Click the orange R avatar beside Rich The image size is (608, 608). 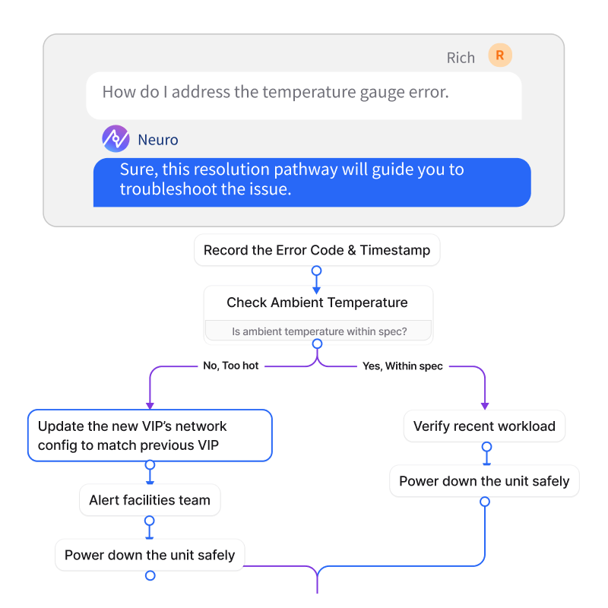click(500, 55)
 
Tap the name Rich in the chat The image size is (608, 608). click(461, 58)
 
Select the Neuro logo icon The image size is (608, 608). click(116, 139)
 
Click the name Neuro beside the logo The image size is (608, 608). click(158, 140)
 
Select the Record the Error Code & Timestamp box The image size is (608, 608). click(317, 250)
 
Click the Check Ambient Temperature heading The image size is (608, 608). click(317, 302)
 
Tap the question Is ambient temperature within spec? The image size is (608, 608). click(318, 331)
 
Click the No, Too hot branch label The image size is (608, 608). click(231, 366)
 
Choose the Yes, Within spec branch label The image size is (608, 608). click(403, 366)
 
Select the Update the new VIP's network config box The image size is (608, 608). click(150, 435)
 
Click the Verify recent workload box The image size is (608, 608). click(484, 426)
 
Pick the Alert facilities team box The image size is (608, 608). click(150, 500)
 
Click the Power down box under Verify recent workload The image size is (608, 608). click(484, 481)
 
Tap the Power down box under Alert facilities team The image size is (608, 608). click(150, 555)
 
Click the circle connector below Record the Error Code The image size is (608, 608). click(317, 271)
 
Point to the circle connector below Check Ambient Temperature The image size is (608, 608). click(317, 345)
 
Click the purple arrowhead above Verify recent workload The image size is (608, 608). click(485, 406)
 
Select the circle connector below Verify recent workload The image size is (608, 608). click(485, 446)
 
